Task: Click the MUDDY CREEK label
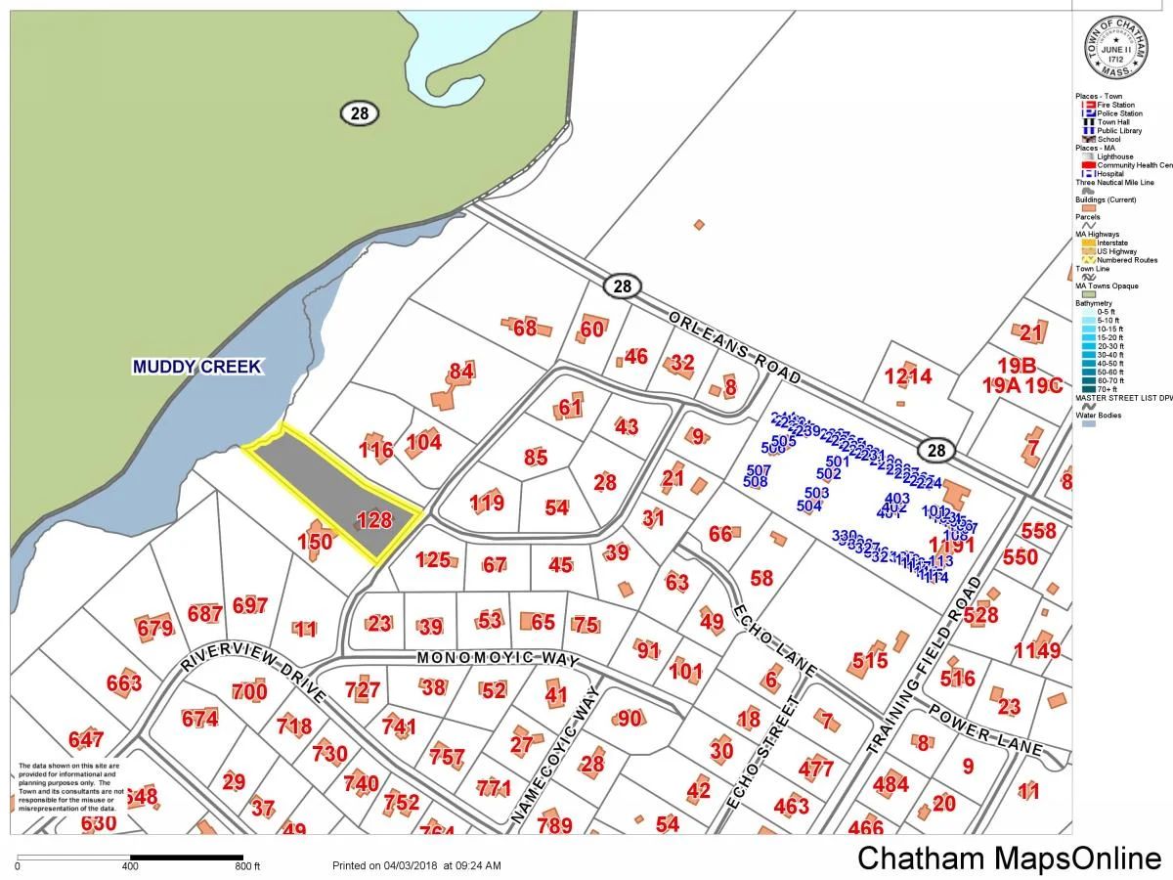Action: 197,367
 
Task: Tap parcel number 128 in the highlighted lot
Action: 373,520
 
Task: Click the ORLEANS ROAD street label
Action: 735,348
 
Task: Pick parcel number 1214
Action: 908,376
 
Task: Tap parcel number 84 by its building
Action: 461,372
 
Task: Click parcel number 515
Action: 869,661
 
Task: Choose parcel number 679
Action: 155,629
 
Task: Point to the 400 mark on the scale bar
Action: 130,866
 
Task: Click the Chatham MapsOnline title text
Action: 1009,858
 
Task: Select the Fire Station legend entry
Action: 1114,105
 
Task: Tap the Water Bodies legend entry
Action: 1099,416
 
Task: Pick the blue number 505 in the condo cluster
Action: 783,442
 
